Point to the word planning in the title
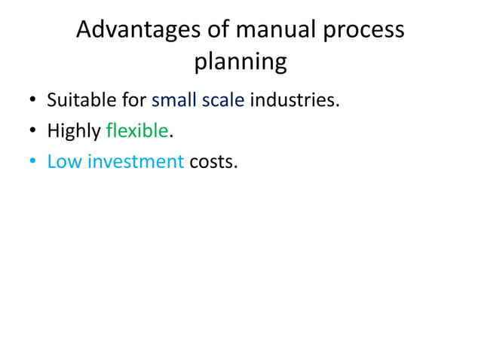(240, 63)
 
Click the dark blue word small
(175, 100)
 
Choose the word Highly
(73, 131)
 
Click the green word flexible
(137, 131)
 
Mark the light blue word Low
(64, 161)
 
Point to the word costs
(213, 161)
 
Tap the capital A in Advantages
(85, 31)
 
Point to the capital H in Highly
(53, 131)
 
